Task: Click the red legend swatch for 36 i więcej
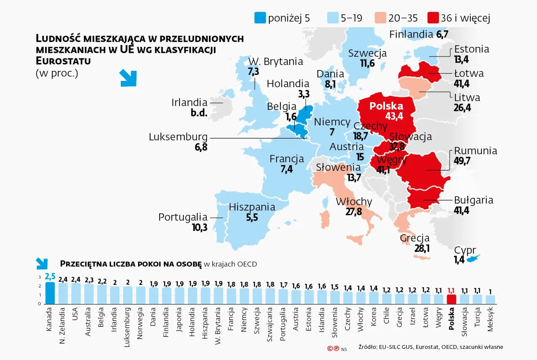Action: pyautogui.click(x=433, y=18)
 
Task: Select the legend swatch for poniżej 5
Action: pyautogui.click(x=260, y=18)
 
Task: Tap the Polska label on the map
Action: pyautogui.click(x=386, y=106)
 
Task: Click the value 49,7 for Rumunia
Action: pyautogui.click(x=462, y=161)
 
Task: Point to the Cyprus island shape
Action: pyautogui.click(x=474, y=258)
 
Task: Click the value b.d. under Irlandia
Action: pyautogui.click(x=199, y=113)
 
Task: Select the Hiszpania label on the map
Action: pyautogui.click(x=252, y=207)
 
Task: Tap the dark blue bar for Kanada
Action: pyautogui.click(x=50, y=293)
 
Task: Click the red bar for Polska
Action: pyautogui.click(x=451, y=299)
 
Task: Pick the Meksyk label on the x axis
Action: pyautogui.click(x=490, y=319)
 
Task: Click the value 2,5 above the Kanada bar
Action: pyautogui.click(x=50, y=276)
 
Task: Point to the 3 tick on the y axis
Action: pyautogui.click(x=40, y=277)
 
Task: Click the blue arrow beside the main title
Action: pyautogui.click(x=128, y=78)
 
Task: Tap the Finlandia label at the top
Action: pyautogui.click(x=411, y=35)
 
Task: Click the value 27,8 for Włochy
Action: pyautogui.click(x=353, y=212)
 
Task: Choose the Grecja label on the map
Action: pyautogui.click(x=414, y=238)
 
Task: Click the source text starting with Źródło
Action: pyautogui.click(x=430, y=347)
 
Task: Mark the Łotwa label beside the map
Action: pyautogui.click(x=469, y=73)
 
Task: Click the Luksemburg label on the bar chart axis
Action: pyautogui.click(x=127, y=327)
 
